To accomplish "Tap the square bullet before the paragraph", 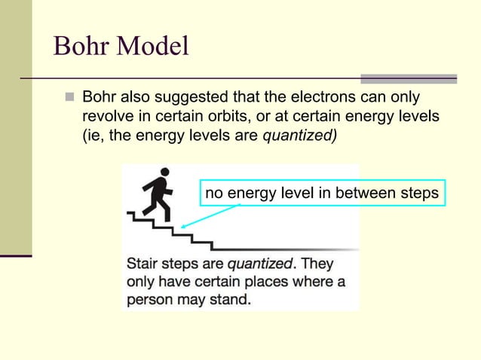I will coord(70,98).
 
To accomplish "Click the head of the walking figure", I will coord(164,173).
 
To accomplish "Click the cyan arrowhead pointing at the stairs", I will coord(184,224).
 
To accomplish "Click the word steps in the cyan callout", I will coord(419,194).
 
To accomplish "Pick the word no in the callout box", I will coord(214,194).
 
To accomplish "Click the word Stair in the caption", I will coord(143,265).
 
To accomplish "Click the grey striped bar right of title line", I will coord(408,78).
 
